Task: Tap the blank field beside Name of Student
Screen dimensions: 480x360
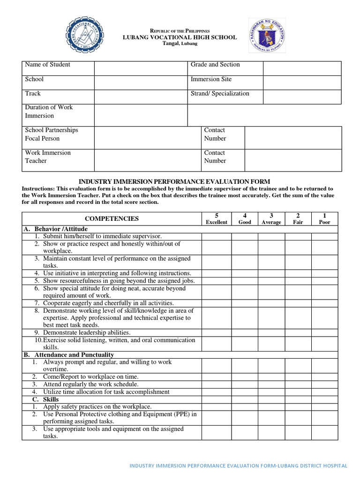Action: tap(141, 68)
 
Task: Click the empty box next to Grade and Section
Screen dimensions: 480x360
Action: tap(301, 68)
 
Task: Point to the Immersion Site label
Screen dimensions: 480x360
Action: tap(211, 79)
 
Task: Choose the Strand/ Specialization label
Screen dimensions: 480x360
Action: tap(220, 93)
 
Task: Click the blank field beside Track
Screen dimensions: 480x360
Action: tap(141, 97)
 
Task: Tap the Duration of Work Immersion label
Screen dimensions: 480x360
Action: tap(49, 112)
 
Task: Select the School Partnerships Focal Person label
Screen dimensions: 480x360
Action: tap(52, 134)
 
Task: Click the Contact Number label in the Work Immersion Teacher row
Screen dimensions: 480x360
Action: tap(215, 157)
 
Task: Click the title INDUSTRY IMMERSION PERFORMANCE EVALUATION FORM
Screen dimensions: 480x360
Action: tap(174, 181)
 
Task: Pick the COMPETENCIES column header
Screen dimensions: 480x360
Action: tap(112, 218)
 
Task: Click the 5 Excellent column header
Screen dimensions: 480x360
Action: tap(217, 218)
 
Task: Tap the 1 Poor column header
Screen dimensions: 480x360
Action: tap(324, 218)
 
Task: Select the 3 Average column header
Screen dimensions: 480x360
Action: tap(271, 218)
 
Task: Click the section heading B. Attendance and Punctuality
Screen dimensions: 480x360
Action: tap(68, 355)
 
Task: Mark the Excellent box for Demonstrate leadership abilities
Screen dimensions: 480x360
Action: tap(217, 332)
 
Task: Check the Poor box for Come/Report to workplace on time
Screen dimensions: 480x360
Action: tap(324, 377)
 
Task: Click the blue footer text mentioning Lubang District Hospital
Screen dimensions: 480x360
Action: tap(238, 466)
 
